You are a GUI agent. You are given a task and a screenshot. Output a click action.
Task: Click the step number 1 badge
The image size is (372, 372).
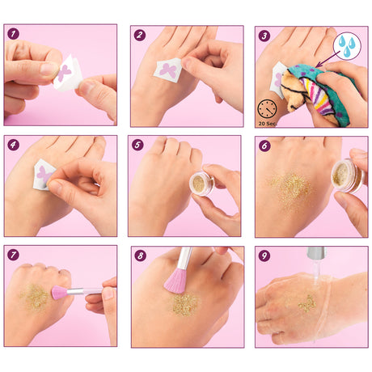(x=13, y=34)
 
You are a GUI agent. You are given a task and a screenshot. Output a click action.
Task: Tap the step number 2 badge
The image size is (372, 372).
(x=140, y=35)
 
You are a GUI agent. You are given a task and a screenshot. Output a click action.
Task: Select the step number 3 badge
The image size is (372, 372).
(x=264, y=36)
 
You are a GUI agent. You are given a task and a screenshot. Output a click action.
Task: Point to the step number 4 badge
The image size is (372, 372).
(x=13, y=145)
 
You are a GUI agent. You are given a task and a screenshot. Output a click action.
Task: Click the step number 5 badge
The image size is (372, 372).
(x=137, y=145)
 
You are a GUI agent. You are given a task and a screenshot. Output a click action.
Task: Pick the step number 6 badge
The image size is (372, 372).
(x=264, y=146)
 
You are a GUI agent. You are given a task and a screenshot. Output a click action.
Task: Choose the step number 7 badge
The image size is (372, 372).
(x=13, y=255)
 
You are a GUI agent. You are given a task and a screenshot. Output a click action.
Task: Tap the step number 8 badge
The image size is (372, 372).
(x=140, y=256)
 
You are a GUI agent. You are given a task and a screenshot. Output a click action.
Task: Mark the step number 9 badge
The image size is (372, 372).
(x=264, y=256)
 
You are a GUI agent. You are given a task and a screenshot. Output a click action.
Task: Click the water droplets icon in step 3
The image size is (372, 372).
(x=347, y=46)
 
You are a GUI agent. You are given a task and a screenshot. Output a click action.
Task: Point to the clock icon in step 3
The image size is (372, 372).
(x=267, y=109)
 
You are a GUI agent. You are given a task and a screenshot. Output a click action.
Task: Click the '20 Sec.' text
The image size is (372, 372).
(x=268, y=124)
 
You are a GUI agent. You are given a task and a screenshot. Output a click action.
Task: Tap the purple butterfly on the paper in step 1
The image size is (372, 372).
(x=64, y=73)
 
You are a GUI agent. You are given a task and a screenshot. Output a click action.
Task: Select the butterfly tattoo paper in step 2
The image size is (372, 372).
(x=168, y=70)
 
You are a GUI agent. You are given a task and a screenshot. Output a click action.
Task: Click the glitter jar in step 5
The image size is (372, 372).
(x=201, y=184)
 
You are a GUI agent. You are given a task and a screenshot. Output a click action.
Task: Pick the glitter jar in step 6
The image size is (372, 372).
(x=348, y=175)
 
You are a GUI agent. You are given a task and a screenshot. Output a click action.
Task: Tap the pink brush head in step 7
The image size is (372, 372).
(x=59, y=293)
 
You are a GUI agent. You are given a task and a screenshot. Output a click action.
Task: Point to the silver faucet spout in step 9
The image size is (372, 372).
(x=316, y=252)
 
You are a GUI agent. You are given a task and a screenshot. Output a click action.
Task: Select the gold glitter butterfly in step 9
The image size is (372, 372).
(x=307, y=303)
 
